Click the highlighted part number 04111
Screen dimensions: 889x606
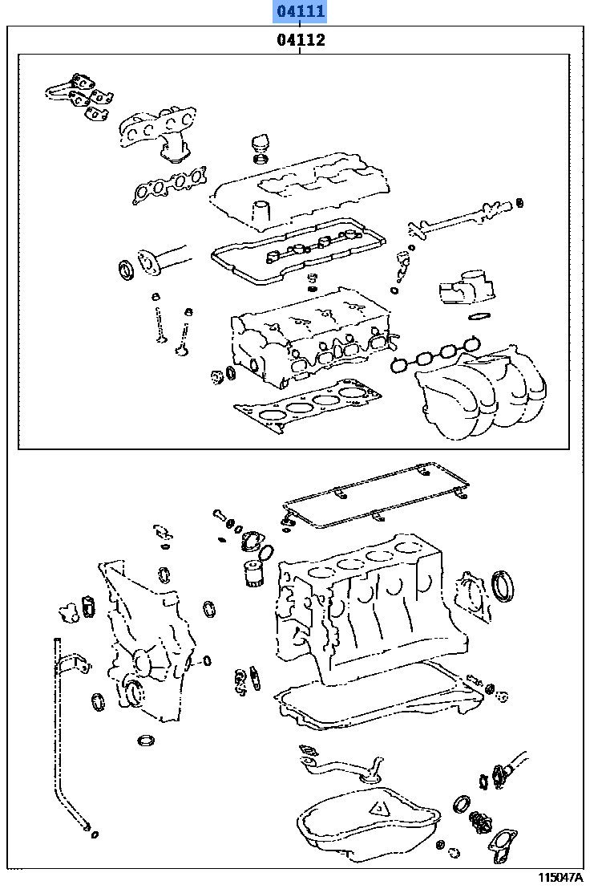[x=300, y=12]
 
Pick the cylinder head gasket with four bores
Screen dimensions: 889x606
[x=313, y=405]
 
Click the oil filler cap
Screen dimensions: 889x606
[x=259, y=148]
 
